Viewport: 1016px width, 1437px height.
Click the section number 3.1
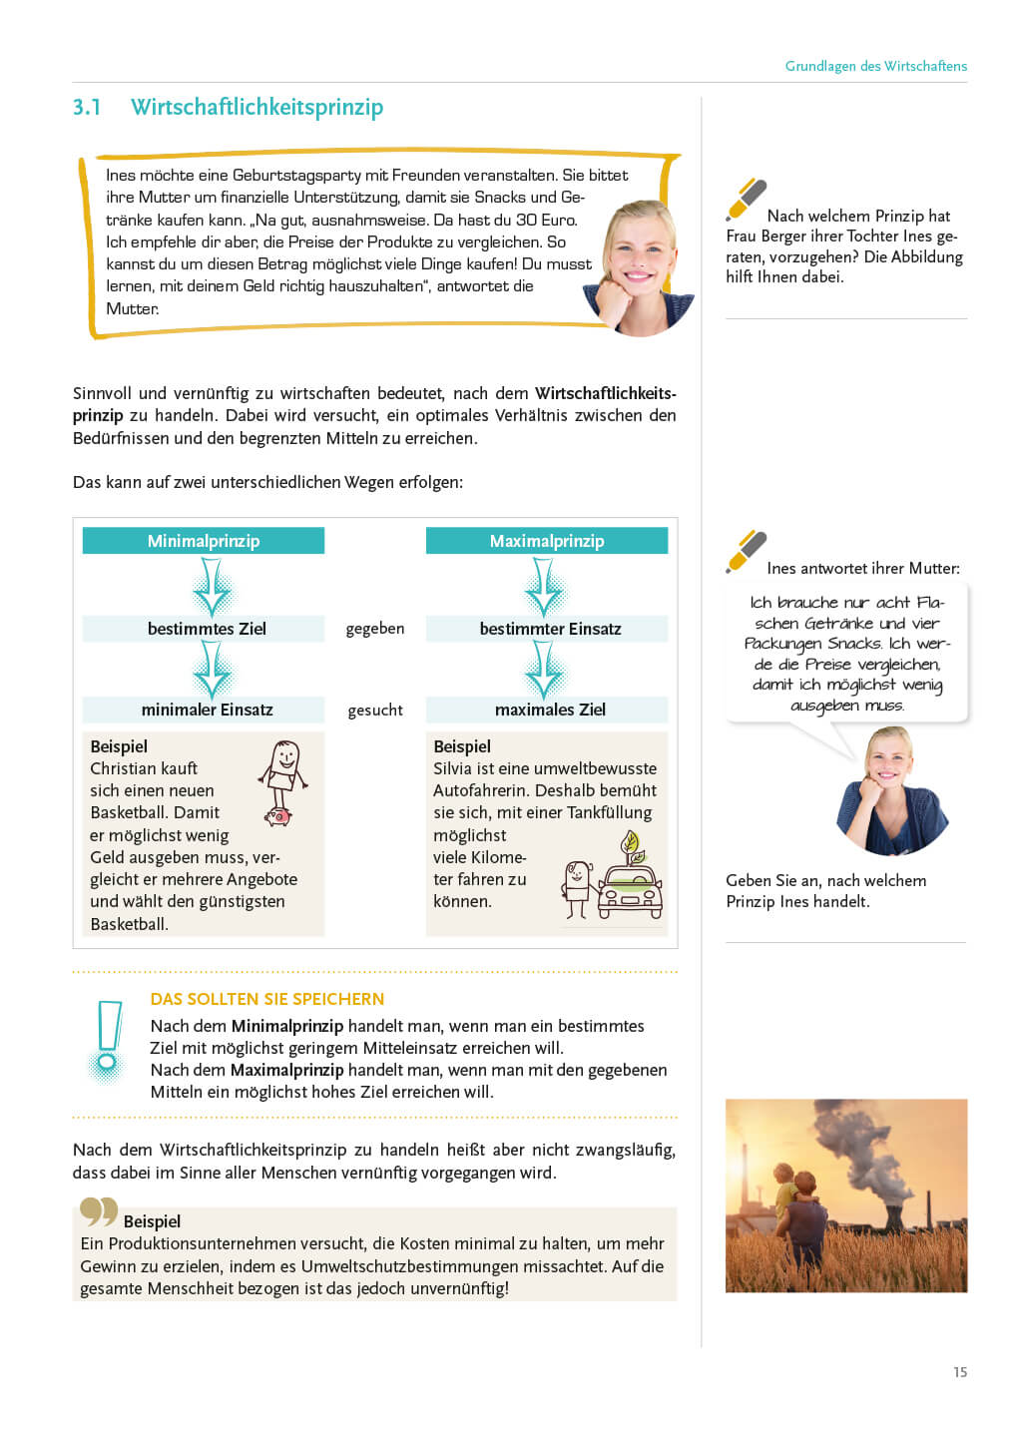coord(87,108)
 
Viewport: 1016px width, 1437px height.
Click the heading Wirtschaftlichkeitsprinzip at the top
coord(256,108)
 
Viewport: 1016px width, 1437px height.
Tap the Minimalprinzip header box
coord(204,541)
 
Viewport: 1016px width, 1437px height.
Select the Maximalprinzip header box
coord(547,541)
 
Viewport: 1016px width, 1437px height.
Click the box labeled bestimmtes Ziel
coord(204,629)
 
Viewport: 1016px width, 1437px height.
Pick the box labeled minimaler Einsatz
coord(204,710)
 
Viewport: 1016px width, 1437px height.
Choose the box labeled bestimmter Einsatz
coord(547,629)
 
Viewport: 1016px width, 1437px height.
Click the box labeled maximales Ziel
coord(547,710)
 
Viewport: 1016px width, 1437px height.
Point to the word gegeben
coord(375,629)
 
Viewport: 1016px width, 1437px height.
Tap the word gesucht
coord(375,711)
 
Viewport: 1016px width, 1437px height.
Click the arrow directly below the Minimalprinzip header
coord(212,586)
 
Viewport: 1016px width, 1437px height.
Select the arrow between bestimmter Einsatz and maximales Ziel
coord(544,670)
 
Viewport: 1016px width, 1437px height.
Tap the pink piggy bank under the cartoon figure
coord(277,816)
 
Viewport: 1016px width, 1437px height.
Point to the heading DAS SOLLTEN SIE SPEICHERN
coord(266,999)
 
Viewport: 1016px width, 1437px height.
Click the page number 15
coord(959,1372)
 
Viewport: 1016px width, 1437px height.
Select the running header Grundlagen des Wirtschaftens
coord(875,66)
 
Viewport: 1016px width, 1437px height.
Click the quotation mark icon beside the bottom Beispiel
coord(99,1211)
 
